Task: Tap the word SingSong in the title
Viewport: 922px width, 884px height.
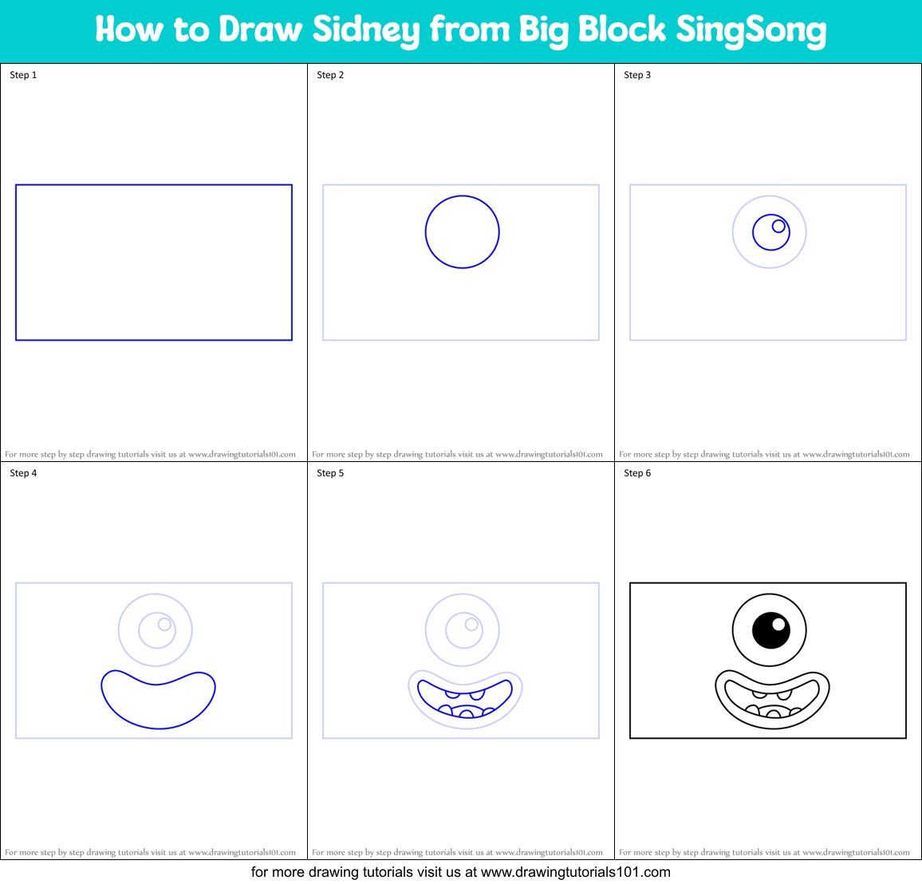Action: tap(751, 30)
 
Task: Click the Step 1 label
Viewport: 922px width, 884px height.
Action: tap(23, 75)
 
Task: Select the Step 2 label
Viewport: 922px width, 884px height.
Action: tap(330, 75)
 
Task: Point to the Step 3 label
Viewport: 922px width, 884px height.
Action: tap(637, 75)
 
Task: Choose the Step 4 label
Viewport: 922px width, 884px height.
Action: tap(23, 473)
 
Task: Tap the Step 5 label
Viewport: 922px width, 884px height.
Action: tap(330, 473)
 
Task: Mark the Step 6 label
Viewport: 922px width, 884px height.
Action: tap(637, 473)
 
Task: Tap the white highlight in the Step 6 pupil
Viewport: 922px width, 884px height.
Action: tap(778, 624)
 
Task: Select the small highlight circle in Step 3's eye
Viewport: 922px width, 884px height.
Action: tap(778, 226)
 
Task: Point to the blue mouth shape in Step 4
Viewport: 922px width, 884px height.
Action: tap(159, 702)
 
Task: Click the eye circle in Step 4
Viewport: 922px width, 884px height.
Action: tap(156, 630)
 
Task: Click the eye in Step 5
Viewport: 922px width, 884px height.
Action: tap(463, 630)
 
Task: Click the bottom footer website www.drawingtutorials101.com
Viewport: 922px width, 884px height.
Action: tap(575, 872)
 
